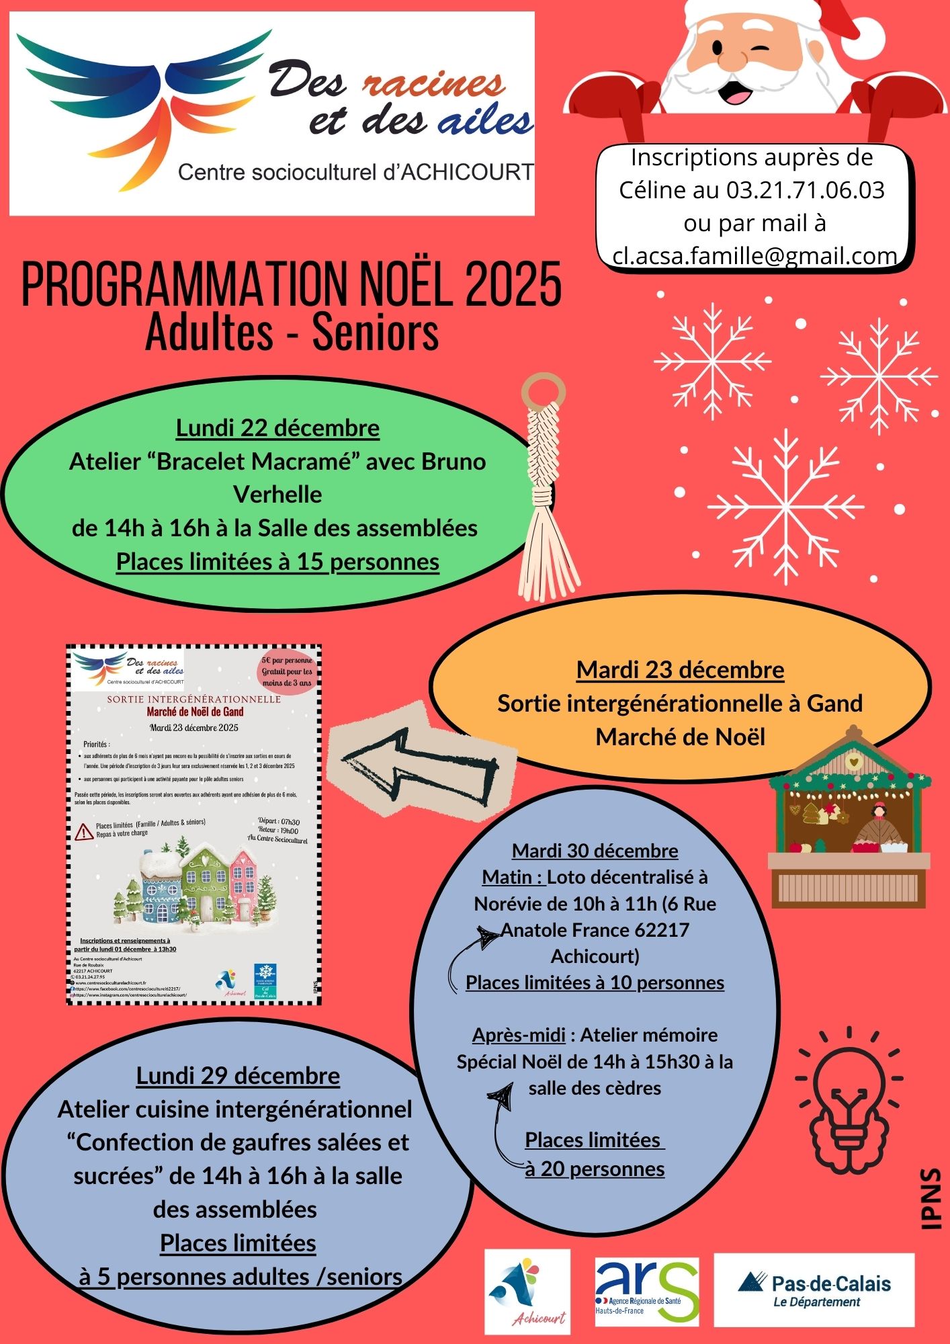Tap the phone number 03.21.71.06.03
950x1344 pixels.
click(x=806, y=190)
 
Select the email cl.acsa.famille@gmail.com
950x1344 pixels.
click(x=754, y=256)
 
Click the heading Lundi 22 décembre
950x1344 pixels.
click(x=277, y=428)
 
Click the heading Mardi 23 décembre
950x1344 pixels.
click(x=680, y=670)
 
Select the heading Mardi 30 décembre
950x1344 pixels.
click(x=595, y=851)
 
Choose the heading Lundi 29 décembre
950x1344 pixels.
click(x=238, y=1076)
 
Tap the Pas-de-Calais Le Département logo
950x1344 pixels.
click(x=814, y=1290)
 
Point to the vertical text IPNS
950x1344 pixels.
click(x=931, y=1198)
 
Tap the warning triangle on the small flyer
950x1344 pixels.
click(x=83, y=833)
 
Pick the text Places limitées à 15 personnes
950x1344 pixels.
click(x=277, y=562)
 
